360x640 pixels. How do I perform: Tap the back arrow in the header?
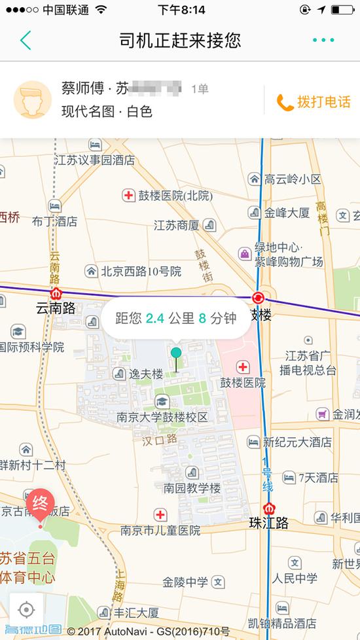point(26,41)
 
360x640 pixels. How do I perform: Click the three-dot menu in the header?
point(323,41)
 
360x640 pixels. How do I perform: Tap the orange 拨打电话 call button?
point(314,102)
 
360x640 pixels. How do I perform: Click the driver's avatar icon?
point(33,99)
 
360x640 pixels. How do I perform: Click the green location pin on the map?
point(175,354)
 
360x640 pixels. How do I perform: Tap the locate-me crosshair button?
point(26,610)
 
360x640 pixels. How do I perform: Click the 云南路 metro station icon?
point(56,294)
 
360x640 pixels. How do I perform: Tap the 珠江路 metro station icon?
point(269,508)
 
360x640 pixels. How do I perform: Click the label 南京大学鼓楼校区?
point(162,417)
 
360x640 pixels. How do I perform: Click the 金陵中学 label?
point(185,582)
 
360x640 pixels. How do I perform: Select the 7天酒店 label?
point(319,478)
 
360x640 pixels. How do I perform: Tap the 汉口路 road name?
point(160,440)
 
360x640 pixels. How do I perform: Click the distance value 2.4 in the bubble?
point(155,319)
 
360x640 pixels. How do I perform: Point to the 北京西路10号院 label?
point(140,270)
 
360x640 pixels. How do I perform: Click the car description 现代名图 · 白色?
point(107,112)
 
